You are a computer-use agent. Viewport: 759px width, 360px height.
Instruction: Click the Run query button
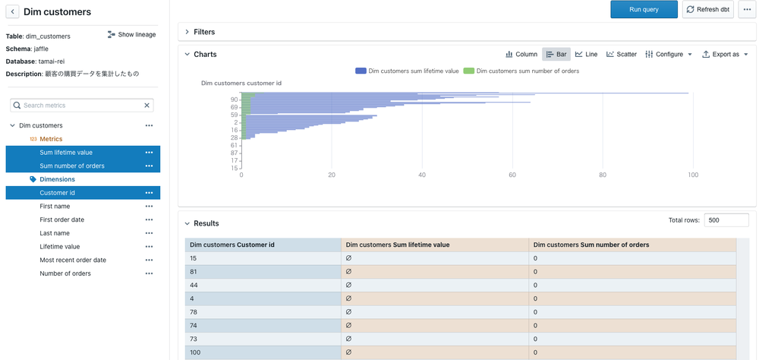click(x=644, y=9)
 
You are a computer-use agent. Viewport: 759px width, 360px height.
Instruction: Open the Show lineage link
click(x=132, y=35)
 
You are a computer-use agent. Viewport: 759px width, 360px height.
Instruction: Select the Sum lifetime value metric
click(x=66, y=153)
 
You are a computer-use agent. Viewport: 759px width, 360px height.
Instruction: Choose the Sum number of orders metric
click(x=72, y=166)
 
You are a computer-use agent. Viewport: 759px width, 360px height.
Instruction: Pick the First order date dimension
click(x=61, y=219)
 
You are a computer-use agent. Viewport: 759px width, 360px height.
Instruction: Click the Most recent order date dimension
click(x=73, y=260)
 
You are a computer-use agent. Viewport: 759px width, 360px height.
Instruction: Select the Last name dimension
click(x=55, y=233)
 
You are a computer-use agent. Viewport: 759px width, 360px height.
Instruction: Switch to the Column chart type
click(x=521, y=55)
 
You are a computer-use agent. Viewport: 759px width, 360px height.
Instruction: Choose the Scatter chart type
click(x=621, y=55)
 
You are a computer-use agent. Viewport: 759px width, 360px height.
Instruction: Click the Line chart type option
click(x=586, y=55)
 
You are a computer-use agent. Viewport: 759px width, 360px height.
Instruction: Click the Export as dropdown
click(x=725, y=55)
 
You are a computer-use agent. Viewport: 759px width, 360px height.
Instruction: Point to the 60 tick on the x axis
click(x=512, y=175)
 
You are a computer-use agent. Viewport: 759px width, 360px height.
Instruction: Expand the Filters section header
click(x=204, y=32)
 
